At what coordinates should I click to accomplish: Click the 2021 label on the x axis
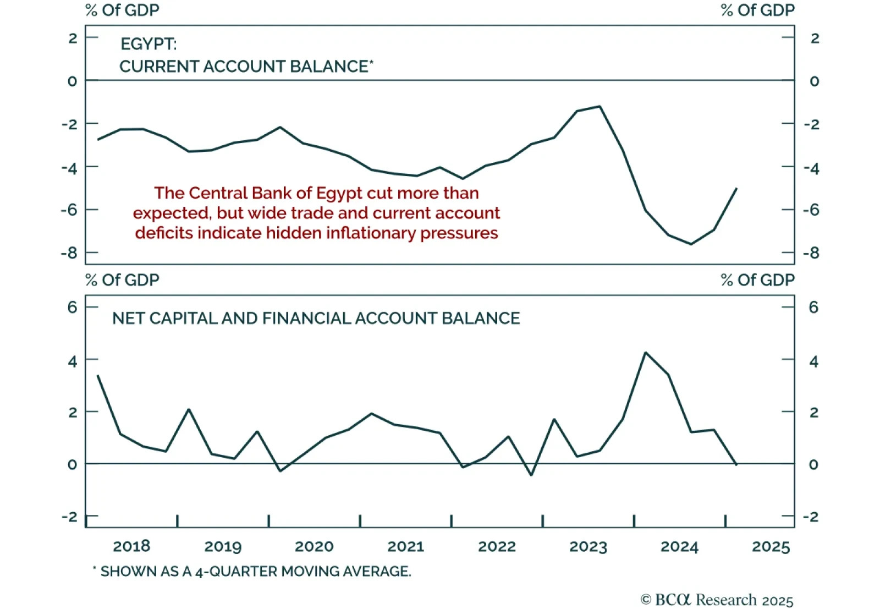coord(405,546)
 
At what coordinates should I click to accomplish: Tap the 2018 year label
coord(131,546)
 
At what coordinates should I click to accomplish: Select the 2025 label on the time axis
coord(771,546)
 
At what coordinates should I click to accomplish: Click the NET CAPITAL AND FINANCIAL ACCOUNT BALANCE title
coord(316,319)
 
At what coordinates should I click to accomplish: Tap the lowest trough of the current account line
coord(691,244)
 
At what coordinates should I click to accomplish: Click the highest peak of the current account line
coord(599,106)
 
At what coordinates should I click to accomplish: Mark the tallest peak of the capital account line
coord(645,353)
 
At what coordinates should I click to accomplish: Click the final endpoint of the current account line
coord(736,189)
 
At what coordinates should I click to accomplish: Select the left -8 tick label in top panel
coord(69,253)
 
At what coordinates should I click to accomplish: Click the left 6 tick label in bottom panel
coord(72,307)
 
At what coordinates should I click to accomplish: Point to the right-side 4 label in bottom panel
coord(813,361)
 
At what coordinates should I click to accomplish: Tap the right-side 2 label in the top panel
coord(815,39)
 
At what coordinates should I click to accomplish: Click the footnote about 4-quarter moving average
coord(252,572)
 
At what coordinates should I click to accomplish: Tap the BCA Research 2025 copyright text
coord(717,600)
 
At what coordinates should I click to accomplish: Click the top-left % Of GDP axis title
coord(122,10)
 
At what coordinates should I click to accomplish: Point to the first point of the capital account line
coord(97,376)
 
